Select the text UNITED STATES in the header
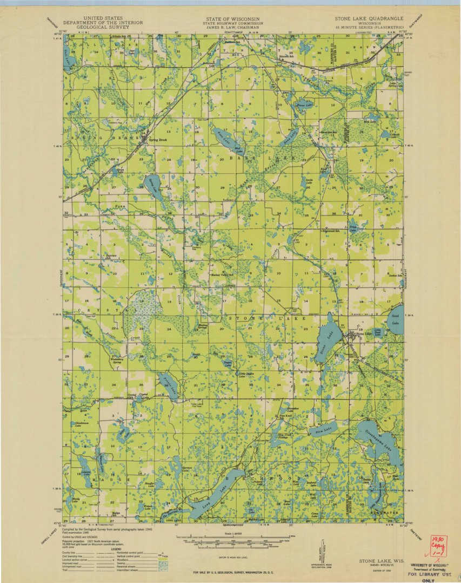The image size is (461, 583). point(103,18)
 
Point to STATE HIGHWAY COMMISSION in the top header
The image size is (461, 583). point(233,23)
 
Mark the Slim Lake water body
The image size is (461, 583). point(323,430)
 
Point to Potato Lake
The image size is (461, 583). point(168,385)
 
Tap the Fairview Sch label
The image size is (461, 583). point(111,256)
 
